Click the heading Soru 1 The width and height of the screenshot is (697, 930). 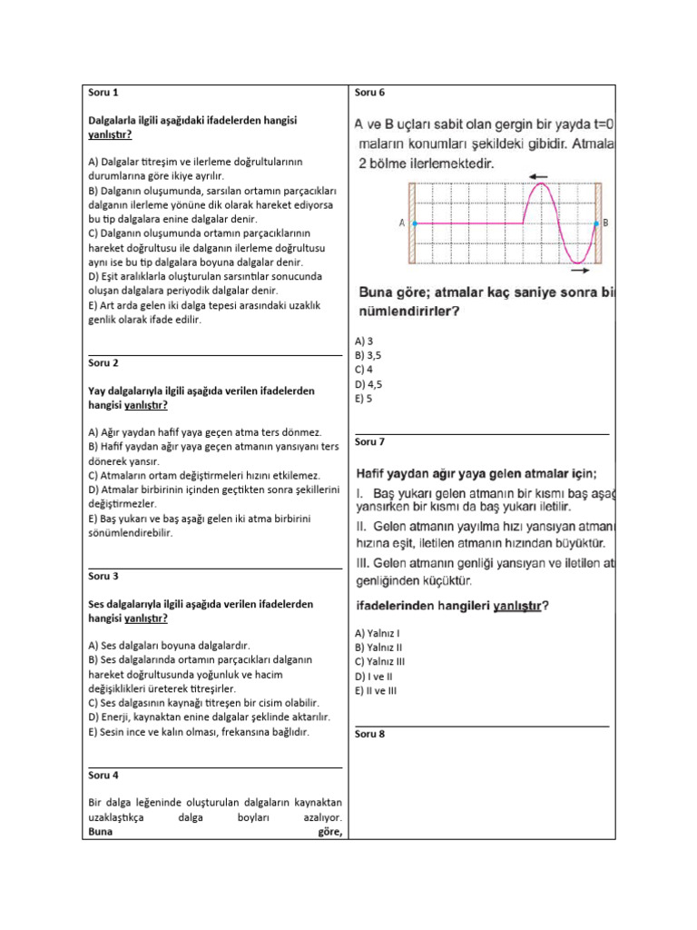tap(103, 93)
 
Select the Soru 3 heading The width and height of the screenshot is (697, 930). tap(103, 576)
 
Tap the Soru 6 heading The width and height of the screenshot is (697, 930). tap(370, 93)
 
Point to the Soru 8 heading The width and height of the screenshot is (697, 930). tap(370, 733)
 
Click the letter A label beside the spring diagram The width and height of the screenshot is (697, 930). tap(401, 223)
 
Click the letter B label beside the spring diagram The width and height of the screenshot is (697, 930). tap(606, 223)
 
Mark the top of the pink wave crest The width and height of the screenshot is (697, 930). tap(543, 184)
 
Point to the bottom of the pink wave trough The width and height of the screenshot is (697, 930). tap(577, 262)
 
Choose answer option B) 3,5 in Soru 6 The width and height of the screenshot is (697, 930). tap(368, 355)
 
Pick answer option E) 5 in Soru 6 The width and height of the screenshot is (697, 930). tap(364, 398)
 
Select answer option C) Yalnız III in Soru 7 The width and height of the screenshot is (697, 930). tap(380, 662)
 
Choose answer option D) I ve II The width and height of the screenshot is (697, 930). tap(374, 677)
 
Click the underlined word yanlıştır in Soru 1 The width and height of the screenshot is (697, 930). tap(109, 134)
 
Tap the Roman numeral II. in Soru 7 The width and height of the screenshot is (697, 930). tap(361, 527)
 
